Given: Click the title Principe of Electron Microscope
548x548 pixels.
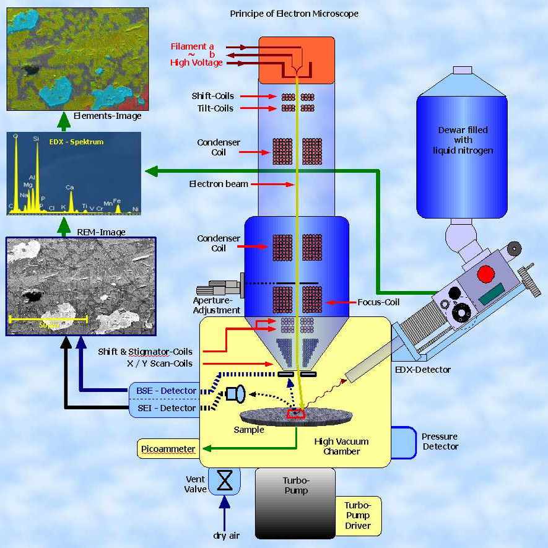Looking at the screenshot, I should [x=294, y=14].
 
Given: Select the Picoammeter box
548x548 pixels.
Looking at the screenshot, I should [x=167, y=449].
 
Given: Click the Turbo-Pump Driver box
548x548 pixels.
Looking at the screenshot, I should [x=358, y=515].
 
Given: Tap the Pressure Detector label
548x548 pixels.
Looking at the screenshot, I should [x=440, y=441].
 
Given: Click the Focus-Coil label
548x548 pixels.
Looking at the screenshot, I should [x=378, y=302].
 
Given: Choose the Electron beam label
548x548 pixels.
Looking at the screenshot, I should [x=219, y=184].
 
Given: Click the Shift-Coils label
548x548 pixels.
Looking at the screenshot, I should [x=212, y=97].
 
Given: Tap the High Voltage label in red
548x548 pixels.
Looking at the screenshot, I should [x=196, y=63].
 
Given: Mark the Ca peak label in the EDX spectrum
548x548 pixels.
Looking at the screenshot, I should [x=70, y=187].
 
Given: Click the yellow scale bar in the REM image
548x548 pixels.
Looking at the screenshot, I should [x=48, y=320].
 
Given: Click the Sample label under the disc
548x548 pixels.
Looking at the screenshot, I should [x=249, y=430].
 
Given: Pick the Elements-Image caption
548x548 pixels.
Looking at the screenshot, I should [x=107, y=116].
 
